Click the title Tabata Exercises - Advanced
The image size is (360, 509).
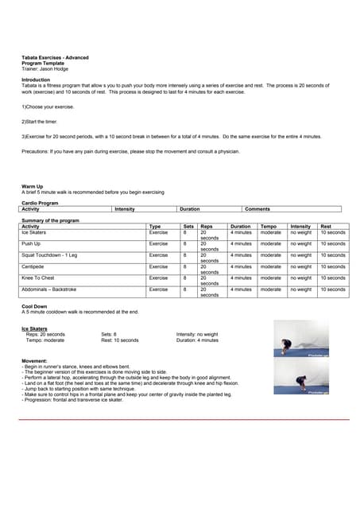(x=55, y=57)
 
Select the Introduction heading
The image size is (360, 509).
(x=35, y=80)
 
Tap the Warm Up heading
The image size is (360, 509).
(x=32, y=187)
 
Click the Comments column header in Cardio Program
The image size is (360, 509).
(x=257, y=209)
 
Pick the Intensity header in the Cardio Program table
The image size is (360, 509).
(x=125, y=209)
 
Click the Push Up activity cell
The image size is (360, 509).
(x=31, y=243)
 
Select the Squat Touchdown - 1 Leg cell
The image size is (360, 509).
(x=49, y=255)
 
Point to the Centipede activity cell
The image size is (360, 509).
(x=33, y=266)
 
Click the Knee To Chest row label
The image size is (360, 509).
(x=38, y=278)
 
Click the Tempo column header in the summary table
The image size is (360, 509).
(x=269, y=226)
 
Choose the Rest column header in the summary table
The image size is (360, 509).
(x=326, y=226)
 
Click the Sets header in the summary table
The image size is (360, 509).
(x=188, y=226)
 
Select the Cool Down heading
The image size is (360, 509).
(x=34, y=306)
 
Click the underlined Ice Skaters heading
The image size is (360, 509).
(x=35, y=328)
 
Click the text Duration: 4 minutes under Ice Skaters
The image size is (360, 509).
(x=197, y=340)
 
